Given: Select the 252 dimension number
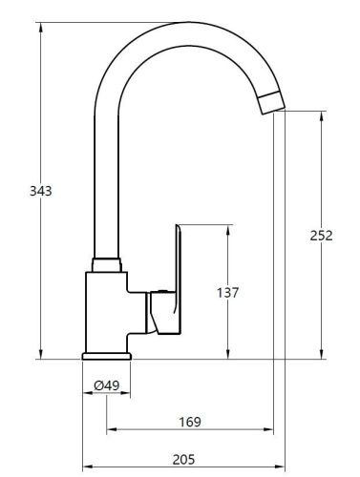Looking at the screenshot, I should pos(322,236).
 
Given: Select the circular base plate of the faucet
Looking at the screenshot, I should pos(106,355).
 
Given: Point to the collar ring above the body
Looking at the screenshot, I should pos(106,264).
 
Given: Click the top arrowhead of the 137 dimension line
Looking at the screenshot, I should pos(228,229).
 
